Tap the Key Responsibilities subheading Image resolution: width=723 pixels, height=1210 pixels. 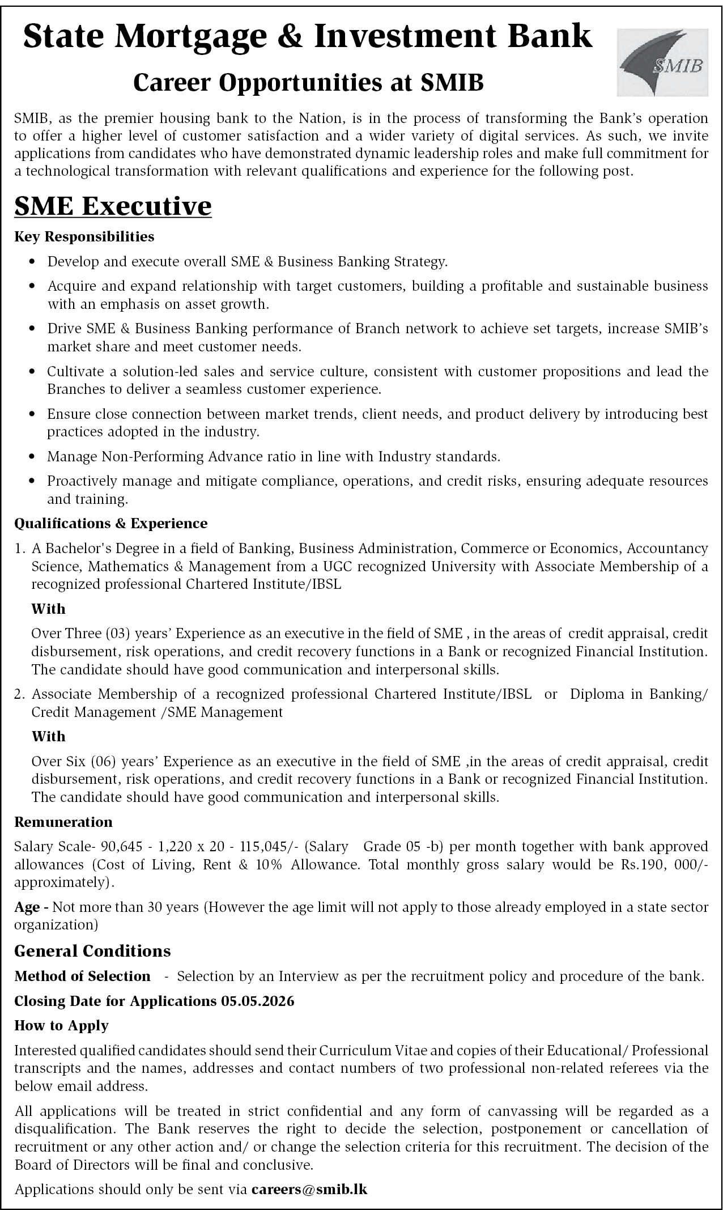click(x=84, y=236)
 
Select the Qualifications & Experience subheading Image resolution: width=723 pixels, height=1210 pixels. click(x=110, y=523)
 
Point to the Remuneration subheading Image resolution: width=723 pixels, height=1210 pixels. click(x=63, y=822)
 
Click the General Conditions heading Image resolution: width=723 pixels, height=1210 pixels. click(x=92, y=950)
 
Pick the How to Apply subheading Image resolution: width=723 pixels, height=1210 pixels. click(x=61, y=1025)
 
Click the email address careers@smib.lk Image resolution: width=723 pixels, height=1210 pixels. click(x=309, y=1189)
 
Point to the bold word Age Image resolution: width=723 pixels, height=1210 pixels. click(x=27, y=907)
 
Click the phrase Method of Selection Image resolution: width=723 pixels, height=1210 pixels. click(x=82, y=976)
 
